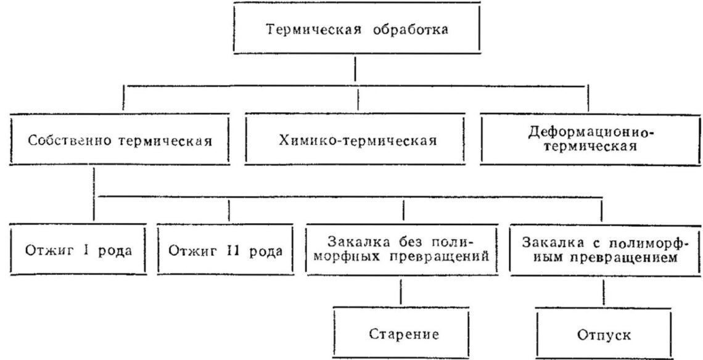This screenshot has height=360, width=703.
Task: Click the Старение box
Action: pyautogui.click(x=403, y=335)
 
